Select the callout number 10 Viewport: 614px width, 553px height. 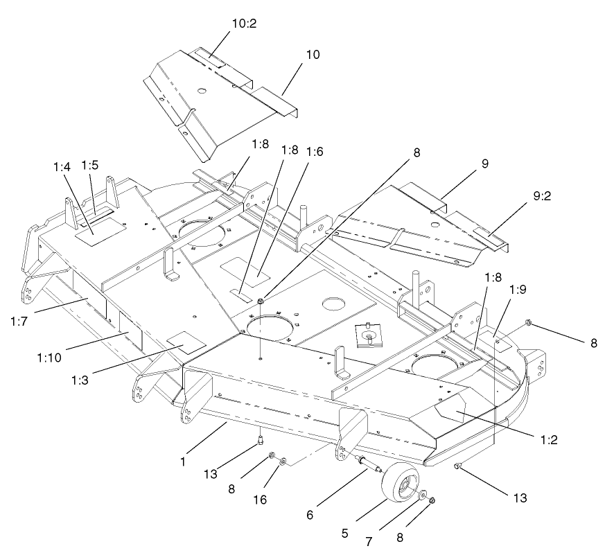click(313, 54)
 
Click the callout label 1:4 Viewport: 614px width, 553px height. click(62, 166)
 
